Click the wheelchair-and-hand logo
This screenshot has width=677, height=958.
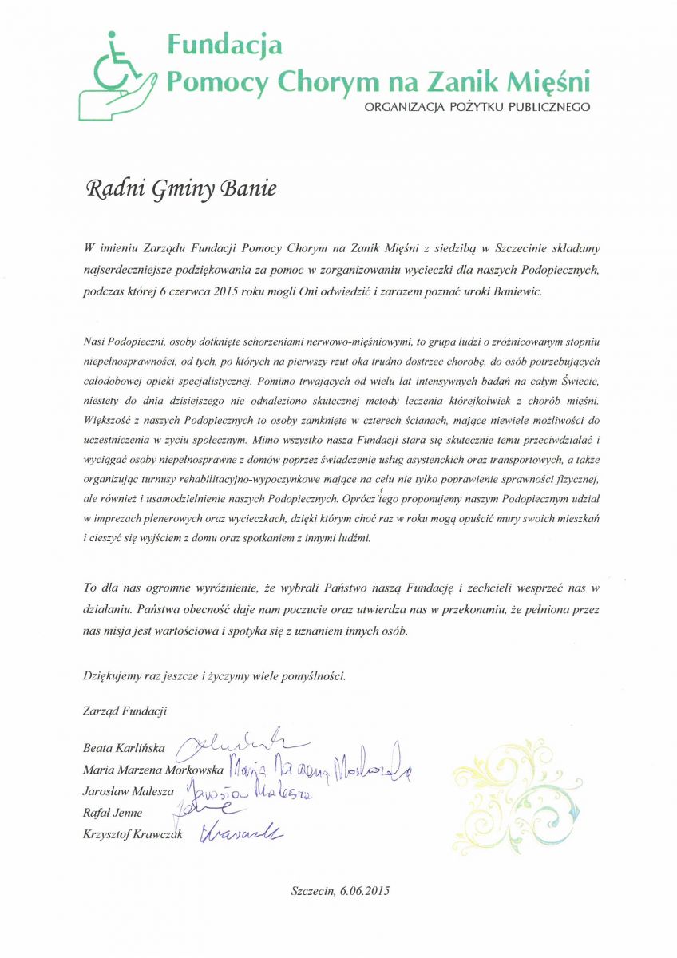coord(118,73)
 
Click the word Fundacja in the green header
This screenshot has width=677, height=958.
coord(224,45)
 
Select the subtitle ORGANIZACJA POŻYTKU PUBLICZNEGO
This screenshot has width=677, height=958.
coord(477,106)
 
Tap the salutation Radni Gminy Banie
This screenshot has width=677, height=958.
coord(181,190)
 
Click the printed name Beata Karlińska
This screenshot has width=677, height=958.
coord(124,749)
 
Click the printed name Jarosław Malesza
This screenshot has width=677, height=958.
coord(128,791)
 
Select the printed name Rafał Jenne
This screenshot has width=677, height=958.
coord(113,813)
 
